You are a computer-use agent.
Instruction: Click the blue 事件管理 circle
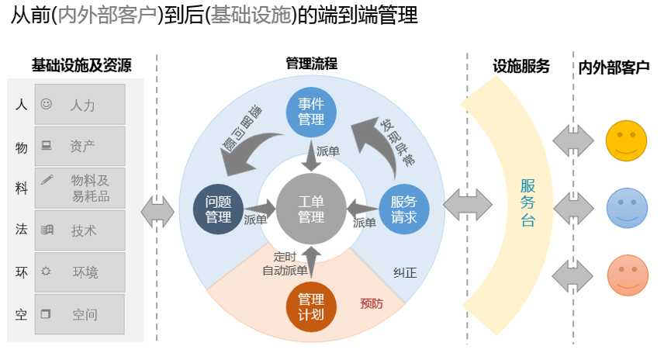[x=311, y=110]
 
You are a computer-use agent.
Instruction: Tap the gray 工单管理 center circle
[x=311, y=209]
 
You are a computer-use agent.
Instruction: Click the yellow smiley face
[x=626, y=141]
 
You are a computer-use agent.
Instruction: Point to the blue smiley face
[x=626, y=208]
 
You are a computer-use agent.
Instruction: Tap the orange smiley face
[x=626, y=275]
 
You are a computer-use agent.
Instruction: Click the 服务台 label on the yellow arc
[x=527, y=203]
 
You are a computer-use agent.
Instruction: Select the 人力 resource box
[x=79, y=104]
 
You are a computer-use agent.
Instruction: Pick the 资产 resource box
[x=79, y=146]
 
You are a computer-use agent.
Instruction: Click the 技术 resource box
[x=79, y=230]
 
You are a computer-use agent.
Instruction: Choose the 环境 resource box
[x=79, y=272]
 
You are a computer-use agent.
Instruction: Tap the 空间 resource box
[x=79, y=314]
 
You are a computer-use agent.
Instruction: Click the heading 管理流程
[x=311, y=64]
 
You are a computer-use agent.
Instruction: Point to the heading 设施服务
[x=521, y=66]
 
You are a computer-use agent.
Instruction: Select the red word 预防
[x=372, y=303]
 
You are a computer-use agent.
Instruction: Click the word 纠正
[x=404, y=272]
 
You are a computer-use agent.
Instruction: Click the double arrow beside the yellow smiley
[x=572, y=141]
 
